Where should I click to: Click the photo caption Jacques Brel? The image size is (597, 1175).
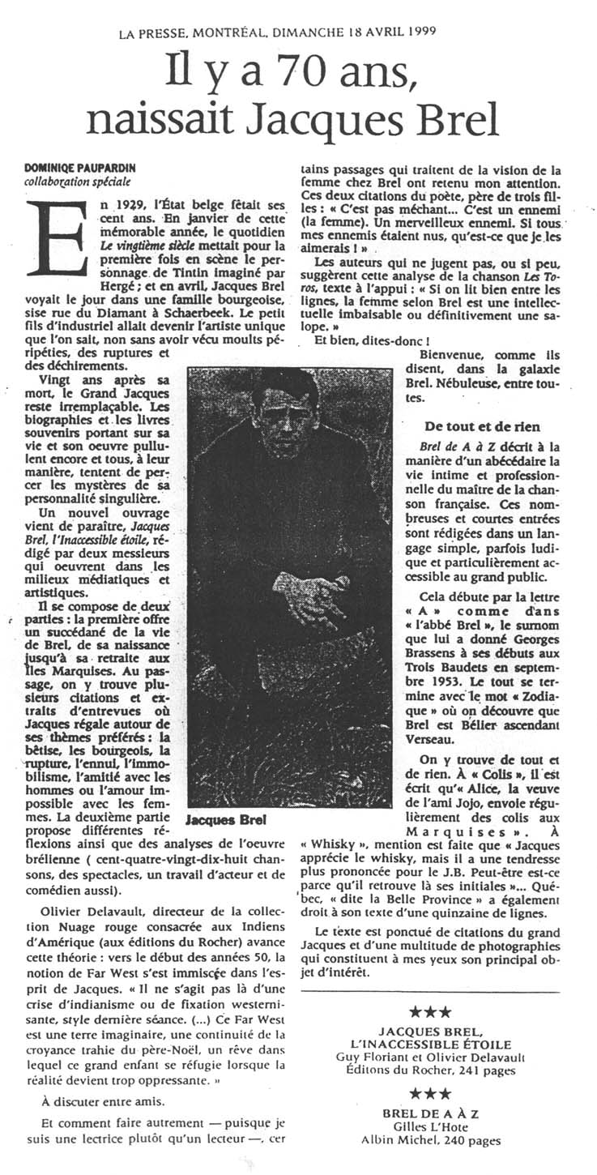coord(223,820)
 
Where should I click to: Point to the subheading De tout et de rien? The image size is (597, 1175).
coord(482,426)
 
